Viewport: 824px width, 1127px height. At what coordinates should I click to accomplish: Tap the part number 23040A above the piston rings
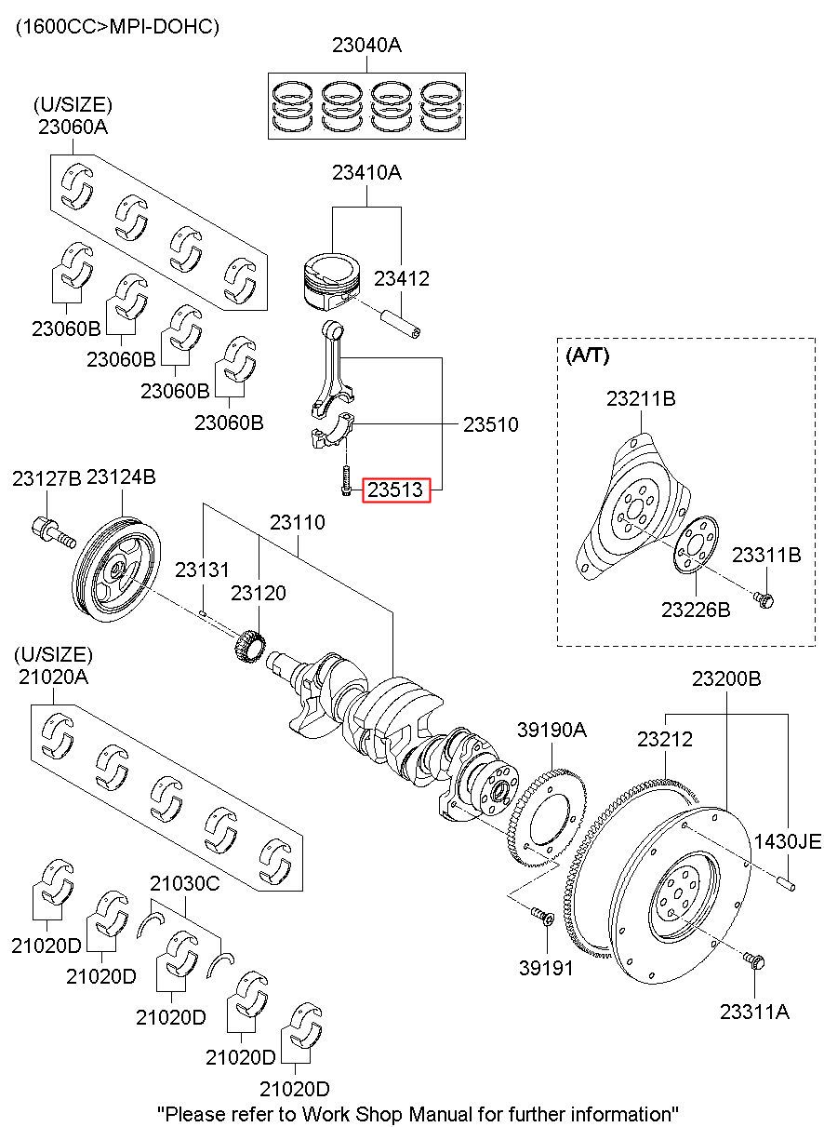[x=367, y=45]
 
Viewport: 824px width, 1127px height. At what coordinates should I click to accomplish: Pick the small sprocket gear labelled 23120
[x=248, y=643]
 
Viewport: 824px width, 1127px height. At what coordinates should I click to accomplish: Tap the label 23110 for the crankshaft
[x=298, y=523]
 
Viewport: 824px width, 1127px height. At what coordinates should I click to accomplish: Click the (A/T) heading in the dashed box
[x=587, y=356]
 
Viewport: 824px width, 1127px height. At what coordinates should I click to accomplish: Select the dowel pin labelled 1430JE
[x=786, y=879]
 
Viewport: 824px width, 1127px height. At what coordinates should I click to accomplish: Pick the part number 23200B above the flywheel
[x=725, y=679]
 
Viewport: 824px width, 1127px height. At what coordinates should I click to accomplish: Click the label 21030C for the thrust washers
[x=185, y=883]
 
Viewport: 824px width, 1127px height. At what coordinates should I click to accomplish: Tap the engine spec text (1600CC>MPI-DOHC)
[x=116, y=27]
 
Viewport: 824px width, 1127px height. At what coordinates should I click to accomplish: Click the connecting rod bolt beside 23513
[x=346, y=480]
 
